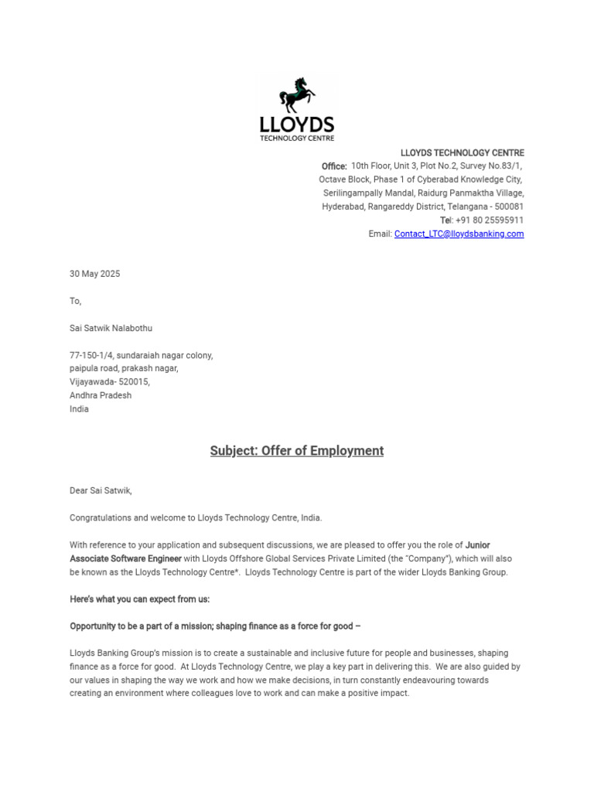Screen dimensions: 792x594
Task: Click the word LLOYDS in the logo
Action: click(x=297, y=125)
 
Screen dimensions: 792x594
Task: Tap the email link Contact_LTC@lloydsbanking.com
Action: click(x=459, y=234)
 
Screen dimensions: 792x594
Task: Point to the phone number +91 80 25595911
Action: click(x=490, y=220)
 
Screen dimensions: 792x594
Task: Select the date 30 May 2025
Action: click(x=95, y=274)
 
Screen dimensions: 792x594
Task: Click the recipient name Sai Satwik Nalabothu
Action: click(x=111, y=328)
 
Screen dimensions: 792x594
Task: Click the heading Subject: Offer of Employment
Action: click(x=297, y=451)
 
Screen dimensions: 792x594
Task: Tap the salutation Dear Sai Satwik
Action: click(x=101, y=490)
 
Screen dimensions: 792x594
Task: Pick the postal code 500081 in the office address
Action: click(x=509, y=207)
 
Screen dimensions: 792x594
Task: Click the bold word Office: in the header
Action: click(x=334, y=166)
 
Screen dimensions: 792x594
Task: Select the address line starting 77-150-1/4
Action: click(x=141, y=355)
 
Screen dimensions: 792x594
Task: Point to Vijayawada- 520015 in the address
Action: click(x=110, y=382)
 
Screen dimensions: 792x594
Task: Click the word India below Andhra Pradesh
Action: click(x=79, y=409)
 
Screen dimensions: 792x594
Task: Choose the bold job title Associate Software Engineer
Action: click(x=126, y=558)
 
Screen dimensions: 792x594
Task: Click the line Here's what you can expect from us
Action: click(x=140, y=599)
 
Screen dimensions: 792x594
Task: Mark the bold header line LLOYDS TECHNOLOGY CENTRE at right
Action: click(x=462, y=153)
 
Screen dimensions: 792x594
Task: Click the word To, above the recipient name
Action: click(x=75, y=301)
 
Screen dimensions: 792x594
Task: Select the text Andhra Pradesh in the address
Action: click(x=101, y=395)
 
